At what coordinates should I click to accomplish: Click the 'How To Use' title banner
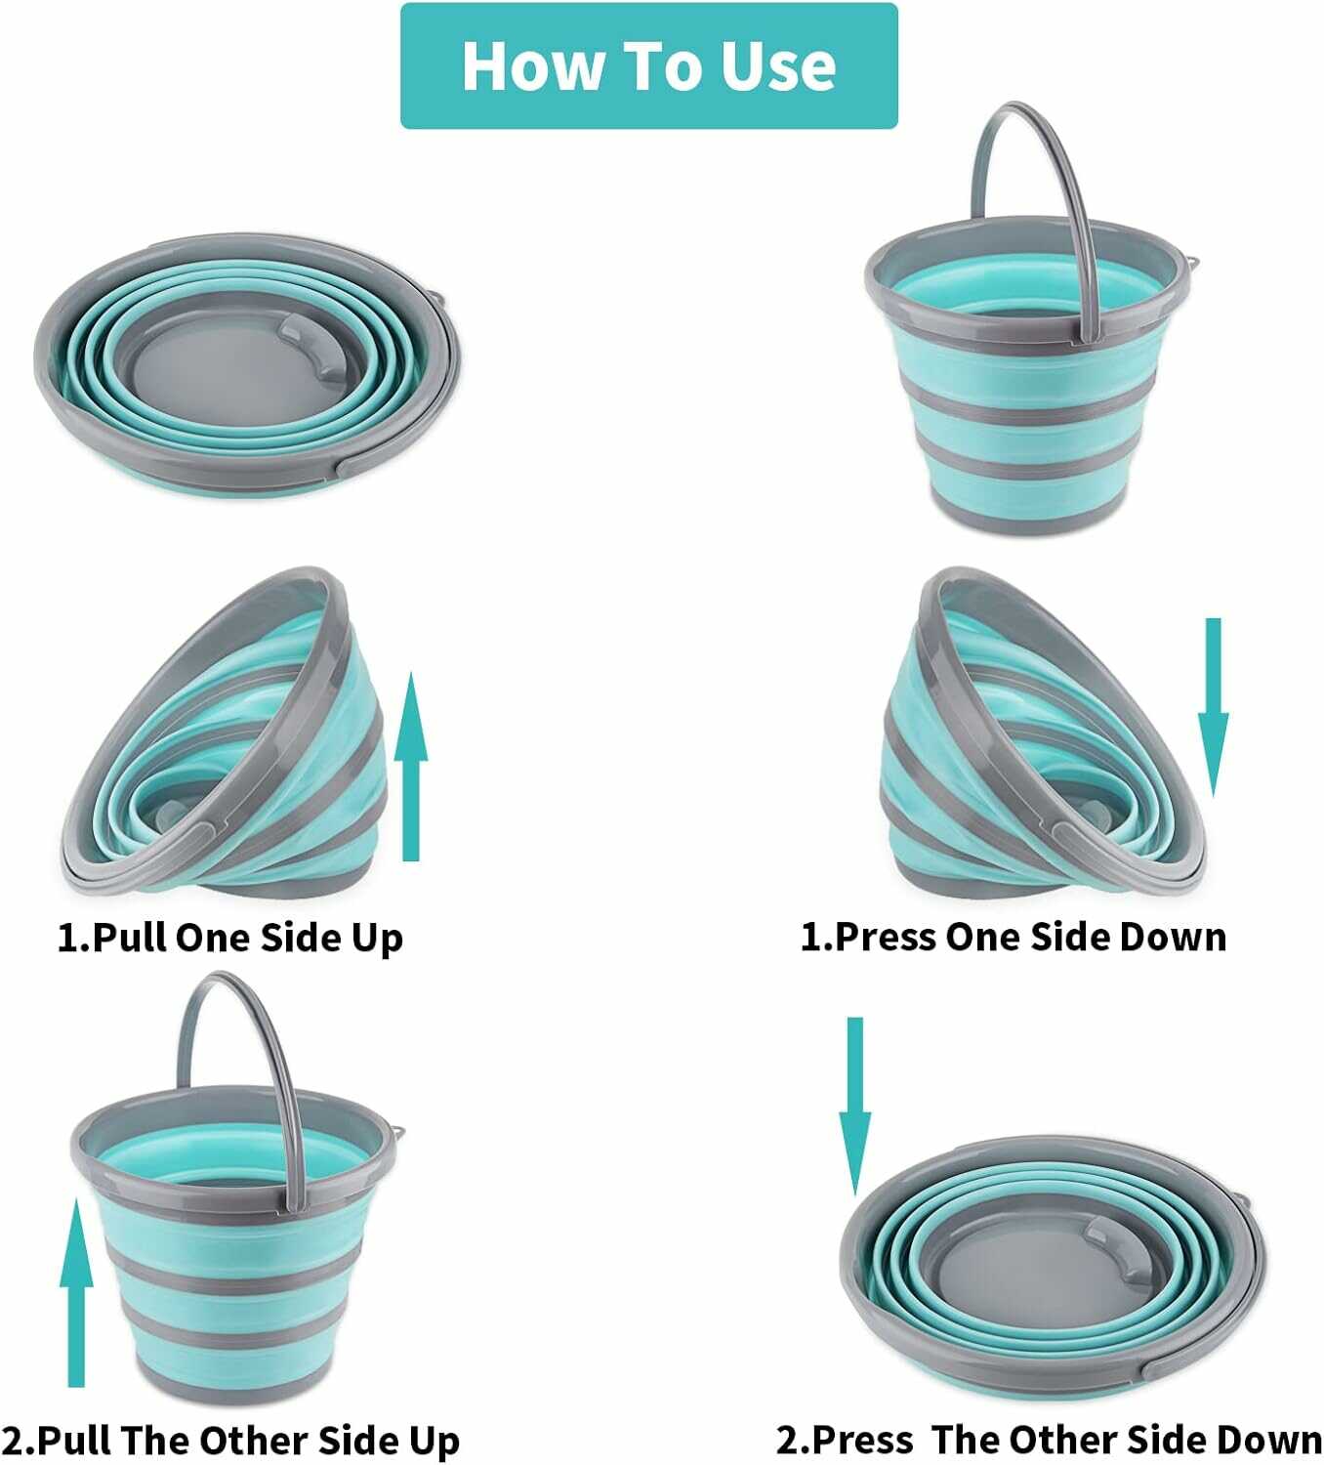pyautogui.click(x=648, y=65)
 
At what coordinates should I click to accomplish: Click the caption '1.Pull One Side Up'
pyautogui.click(x=230, y=937)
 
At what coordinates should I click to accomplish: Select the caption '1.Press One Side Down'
pyautogui.click(x=1014, y=937)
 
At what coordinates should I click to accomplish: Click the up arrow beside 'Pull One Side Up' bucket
pyautogui.click(x=411, y=767)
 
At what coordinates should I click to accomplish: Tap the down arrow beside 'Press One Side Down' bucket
pyautogui.click(x=1213, y=708)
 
